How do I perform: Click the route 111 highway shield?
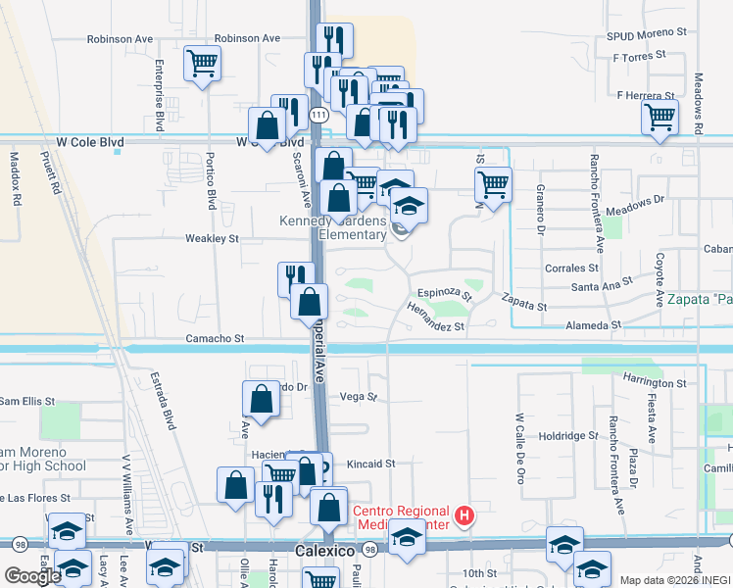(x=318, y=116)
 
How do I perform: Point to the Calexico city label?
(x=323, y=552)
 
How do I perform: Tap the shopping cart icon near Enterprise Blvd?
(x=202, y=64)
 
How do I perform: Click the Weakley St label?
(x=213, y=238)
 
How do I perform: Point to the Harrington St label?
(x=654, y=383)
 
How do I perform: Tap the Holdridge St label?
(x=567, y=435)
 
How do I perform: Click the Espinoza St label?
(x=445, y=292)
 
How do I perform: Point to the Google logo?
(x=33, y=576)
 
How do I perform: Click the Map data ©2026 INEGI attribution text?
(x=674, y=580)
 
